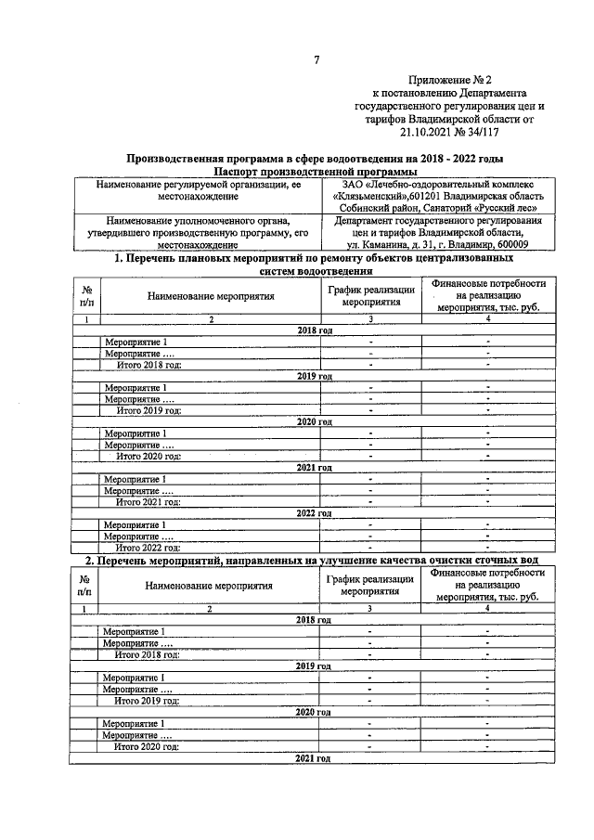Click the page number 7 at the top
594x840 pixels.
point(316,61)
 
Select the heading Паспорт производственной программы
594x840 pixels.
point(316,172)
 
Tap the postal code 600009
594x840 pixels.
point(517,244)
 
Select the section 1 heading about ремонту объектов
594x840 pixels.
point(316,265)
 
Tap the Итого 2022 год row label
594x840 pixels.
point(147,548)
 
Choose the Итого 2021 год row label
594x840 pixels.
point(147,501)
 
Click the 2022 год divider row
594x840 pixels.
point(314,513)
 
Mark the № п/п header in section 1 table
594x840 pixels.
point(86,295)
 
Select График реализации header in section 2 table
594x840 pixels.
point(370,585)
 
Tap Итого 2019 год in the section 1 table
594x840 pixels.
point(148,409)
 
